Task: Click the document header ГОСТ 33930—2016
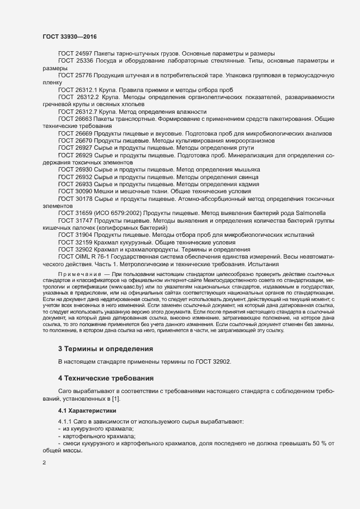pos(70,35)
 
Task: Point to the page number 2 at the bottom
pos(44,463)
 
